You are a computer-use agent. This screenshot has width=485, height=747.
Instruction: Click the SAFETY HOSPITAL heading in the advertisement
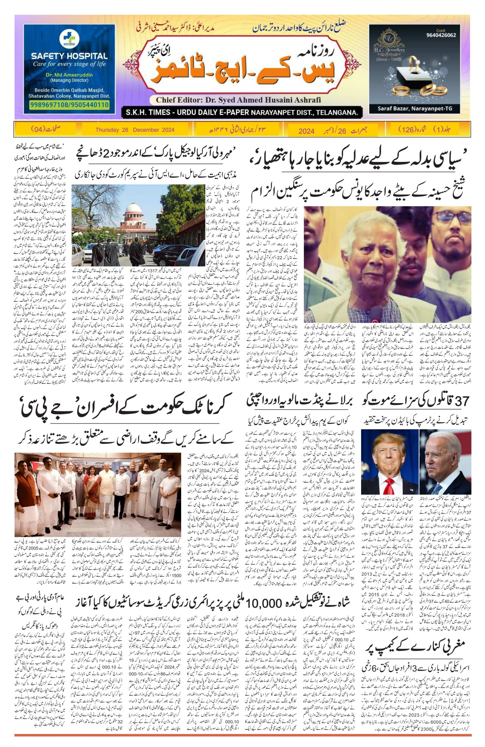[x=69, y=57]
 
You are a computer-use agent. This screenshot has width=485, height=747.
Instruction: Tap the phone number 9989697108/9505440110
[x=70, y=104]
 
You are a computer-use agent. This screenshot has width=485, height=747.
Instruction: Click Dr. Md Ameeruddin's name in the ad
[x=69, y=76]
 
